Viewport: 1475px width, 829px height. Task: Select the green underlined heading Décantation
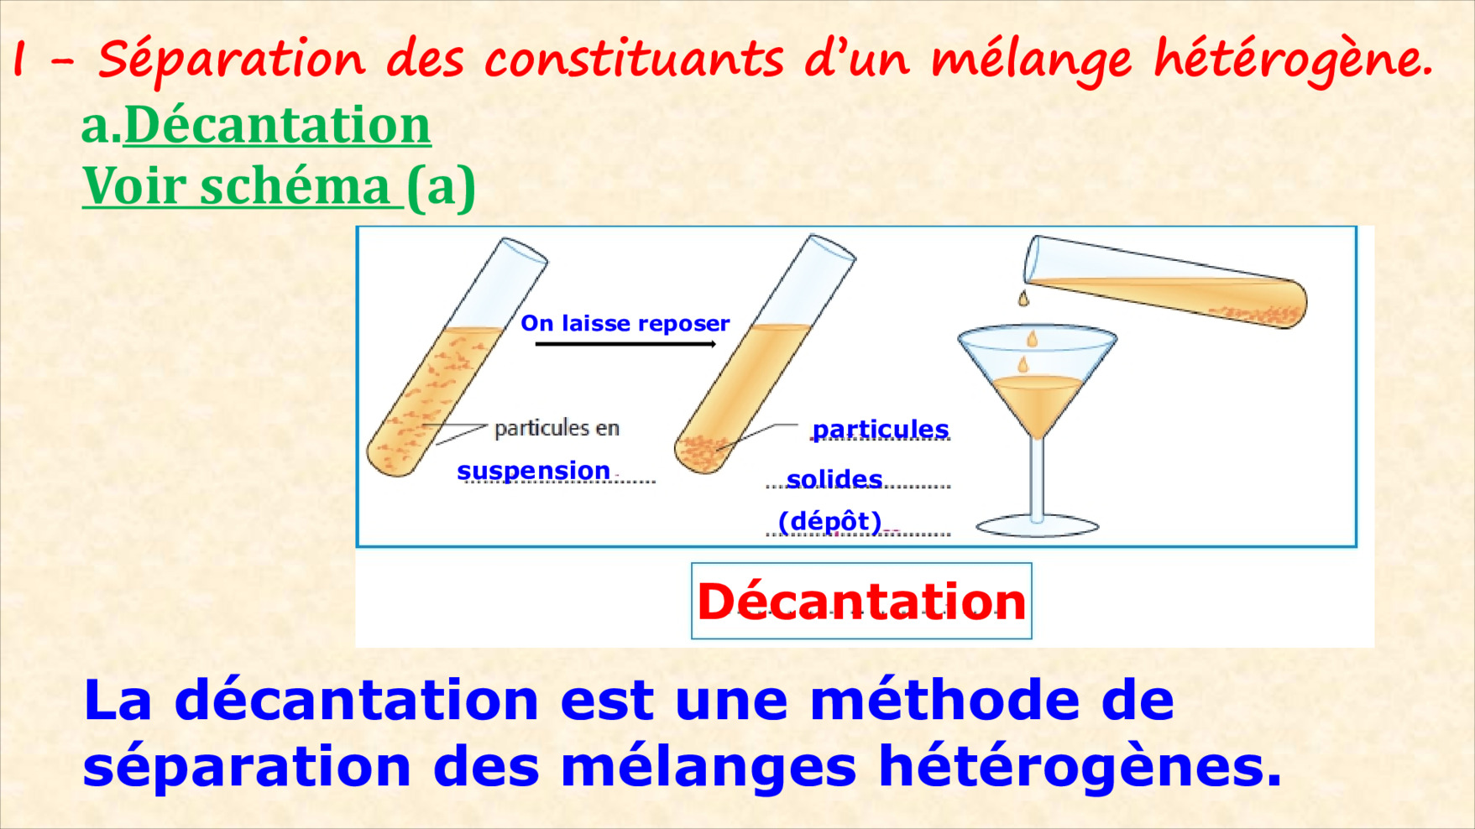(x=277, y=125)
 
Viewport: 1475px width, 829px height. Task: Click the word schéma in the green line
(x=295, y=185)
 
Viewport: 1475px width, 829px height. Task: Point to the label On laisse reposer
(x=625, y=323)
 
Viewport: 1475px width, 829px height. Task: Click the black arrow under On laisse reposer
(x=625, y=344)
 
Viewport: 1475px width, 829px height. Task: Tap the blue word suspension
(x=533, y=471)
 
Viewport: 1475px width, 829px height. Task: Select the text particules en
(x=557, y=428)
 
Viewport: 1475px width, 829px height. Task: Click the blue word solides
(x=834, y=479)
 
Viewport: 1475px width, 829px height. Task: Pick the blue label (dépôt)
(x=829, y=522)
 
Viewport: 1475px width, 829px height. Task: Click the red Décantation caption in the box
(x=861, y=602)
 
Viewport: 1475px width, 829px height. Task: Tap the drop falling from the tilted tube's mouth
(x=1023, y=298)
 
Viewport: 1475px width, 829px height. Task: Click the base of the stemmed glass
(x=1038, y=526)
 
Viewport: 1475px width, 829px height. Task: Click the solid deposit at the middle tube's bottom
(x=704, y=453)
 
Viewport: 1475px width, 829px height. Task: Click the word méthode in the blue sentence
(x=949, y=700)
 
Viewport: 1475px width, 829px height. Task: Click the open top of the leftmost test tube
(x=525, y=250)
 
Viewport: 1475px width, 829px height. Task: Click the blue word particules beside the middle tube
(x=881, y=430)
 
